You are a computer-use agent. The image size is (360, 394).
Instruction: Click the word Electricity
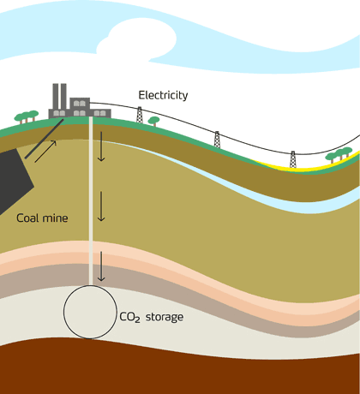(x=163, y=95)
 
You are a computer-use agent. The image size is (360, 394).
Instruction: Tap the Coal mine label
(x=42, y=218)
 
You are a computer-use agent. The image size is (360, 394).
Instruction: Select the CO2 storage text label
(x=152, y=317)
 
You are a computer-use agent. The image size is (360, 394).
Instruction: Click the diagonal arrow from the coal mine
(x=45, y=152)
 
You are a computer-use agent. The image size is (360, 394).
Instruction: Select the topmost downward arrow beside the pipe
(x=101, y=146)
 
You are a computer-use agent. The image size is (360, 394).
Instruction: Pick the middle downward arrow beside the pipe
(x=101, y=206)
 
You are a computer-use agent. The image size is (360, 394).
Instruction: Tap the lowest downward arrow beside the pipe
(x=101, y=266)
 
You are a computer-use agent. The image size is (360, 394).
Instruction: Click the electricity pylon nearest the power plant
(x=140, y=115)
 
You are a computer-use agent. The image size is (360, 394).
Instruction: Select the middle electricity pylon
(x=217, y=140)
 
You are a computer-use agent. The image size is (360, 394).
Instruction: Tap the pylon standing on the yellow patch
(x=293, y=159)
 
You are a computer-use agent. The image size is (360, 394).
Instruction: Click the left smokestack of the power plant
(x=56, y=97)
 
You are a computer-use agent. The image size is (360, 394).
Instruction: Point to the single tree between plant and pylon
(x=154, y=121)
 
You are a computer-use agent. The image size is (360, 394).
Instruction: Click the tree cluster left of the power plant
(x=27, y=117)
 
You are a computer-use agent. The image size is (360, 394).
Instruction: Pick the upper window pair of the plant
(x=80, y=104)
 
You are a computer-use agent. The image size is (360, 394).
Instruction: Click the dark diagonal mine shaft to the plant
(x=45, y=139)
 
